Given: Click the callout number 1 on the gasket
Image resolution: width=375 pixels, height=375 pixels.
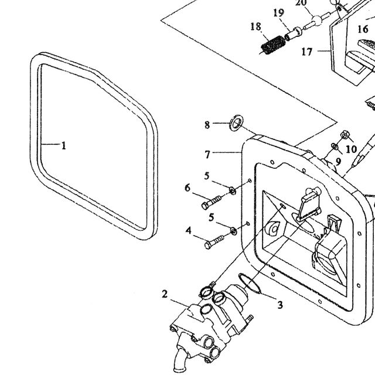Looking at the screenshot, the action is click(x=64, y=145).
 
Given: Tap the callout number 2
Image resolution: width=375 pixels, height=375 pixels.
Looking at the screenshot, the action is click(x=165, y=294).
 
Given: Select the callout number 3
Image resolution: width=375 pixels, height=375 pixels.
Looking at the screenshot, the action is click(x=280, y=305).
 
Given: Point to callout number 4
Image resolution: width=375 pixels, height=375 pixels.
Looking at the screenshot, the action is click(x=189, y=230).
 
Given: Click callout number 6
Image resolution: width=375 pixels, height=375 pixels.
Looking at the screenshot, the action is click(x=187, y=188).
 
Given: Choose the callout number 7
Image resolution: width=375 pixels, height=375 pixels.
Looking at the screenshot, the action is click(x=207, y=155).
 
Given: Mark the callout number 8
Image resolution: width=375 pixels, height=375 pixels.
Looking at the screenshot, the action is click(x=207, y=125).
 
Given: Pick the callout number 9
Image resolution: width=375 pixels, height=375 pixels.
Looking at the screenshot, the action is click(x=338, y=162).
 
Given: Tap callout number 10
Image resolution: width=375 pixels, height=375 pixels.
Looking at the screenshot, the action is click(x=352, y=149).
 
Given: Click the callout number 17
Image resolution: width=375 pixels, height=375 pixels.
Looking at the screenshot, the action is click(x=307, y=52).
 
